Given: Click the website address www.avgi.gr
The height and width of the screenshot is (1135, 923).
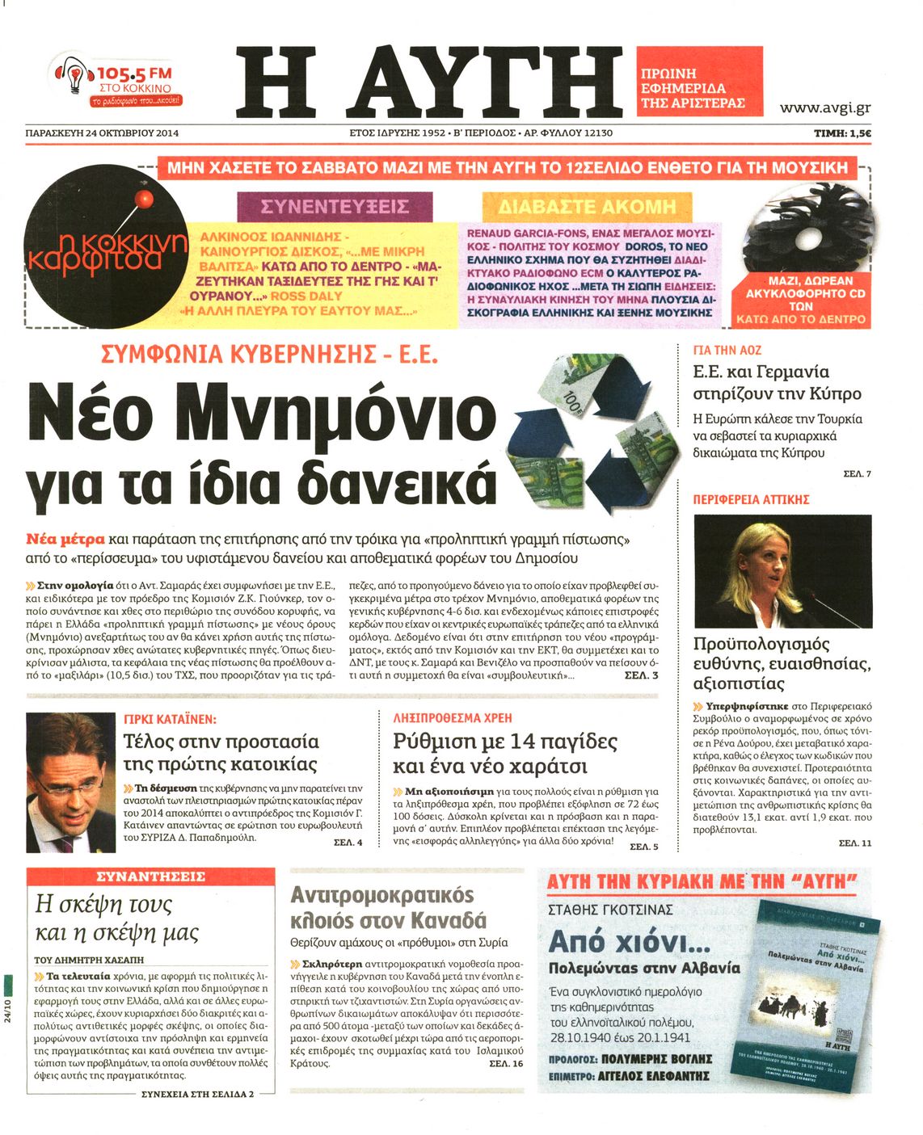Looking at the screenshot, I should [x=824, y=107].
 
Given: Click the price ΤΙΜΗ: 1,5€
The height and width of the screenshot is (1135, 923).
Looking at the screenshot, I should [x=842, y=133].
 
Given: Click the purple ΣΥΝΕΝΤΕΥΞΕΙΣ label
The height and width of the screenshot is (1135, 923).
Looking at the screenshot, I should [x=335, y=207].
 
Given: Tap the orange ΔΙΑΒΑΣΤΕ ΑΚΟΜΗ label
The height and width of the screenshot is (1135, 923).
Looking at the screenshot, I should [x=587, y=206].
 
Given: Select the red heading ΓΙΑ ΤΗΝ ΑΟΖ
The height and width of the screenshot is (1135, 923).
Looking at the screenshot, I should [x=727, y=351].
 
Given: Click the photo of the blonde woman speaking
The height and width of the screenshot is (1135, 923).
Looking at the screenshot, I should [x=782, y=571].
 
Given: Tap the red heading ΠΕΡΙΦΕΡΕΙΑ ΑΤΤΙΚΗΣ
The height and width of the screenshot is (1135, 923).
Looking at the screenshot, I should [x=751, y=500].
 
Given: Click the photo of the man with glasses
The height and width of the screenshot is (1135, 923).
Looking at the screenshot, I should [x=71, y=781].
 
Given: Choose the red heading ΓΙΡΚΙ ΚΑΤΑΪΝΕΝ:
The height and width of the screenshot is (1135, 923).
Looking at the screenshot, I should [x=170, y=718].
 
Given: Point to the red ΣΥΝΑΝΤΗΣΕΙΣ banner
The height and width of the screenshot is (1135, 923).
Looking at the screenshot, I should [x=150, y=876].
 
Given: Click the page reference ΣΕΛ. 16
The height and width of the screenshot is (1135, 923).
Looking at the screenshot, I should [x=506, y=1064].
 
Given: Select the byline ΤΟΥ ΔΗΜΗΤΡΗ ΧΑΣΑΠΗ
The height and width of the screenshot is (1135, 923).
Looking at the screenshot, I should [x=89, y=960].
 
